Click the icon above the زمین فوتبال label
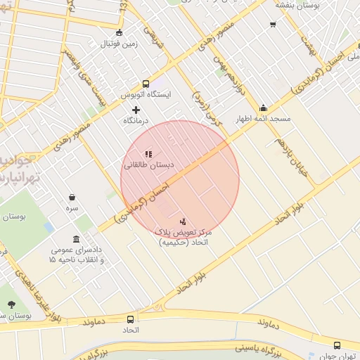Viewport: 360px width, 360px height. (119, 32)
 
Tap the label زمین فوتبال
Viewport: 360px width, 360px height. (119, 44)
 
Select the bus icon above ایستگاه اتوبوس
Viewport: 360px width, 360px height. (146, 83)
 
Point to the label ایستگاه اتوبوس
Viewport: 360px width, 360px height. (146, 94)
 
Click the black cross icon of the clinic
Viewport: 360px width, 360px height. (136, 110)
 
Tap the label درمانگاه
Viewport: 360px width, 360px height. (136, 121)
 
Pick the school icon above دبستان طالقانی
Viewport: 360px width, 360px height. (148, 154)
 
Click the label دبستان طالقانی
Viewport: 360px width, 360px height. (148, 166)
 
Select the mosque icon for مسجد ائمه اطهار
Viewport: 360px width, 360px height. (263, 108)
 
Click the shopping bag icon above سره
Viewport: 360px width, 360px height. (72, 198)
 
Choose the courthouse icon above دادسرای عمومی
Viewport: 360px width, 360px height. (76, 239)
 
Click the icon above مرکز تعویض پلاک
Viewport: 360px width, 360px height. (184, 221)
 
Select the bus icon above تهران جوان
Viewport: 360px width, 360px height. (337, 345)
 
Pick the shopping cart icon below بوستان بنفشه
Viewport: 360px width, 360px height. (273, 25)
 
